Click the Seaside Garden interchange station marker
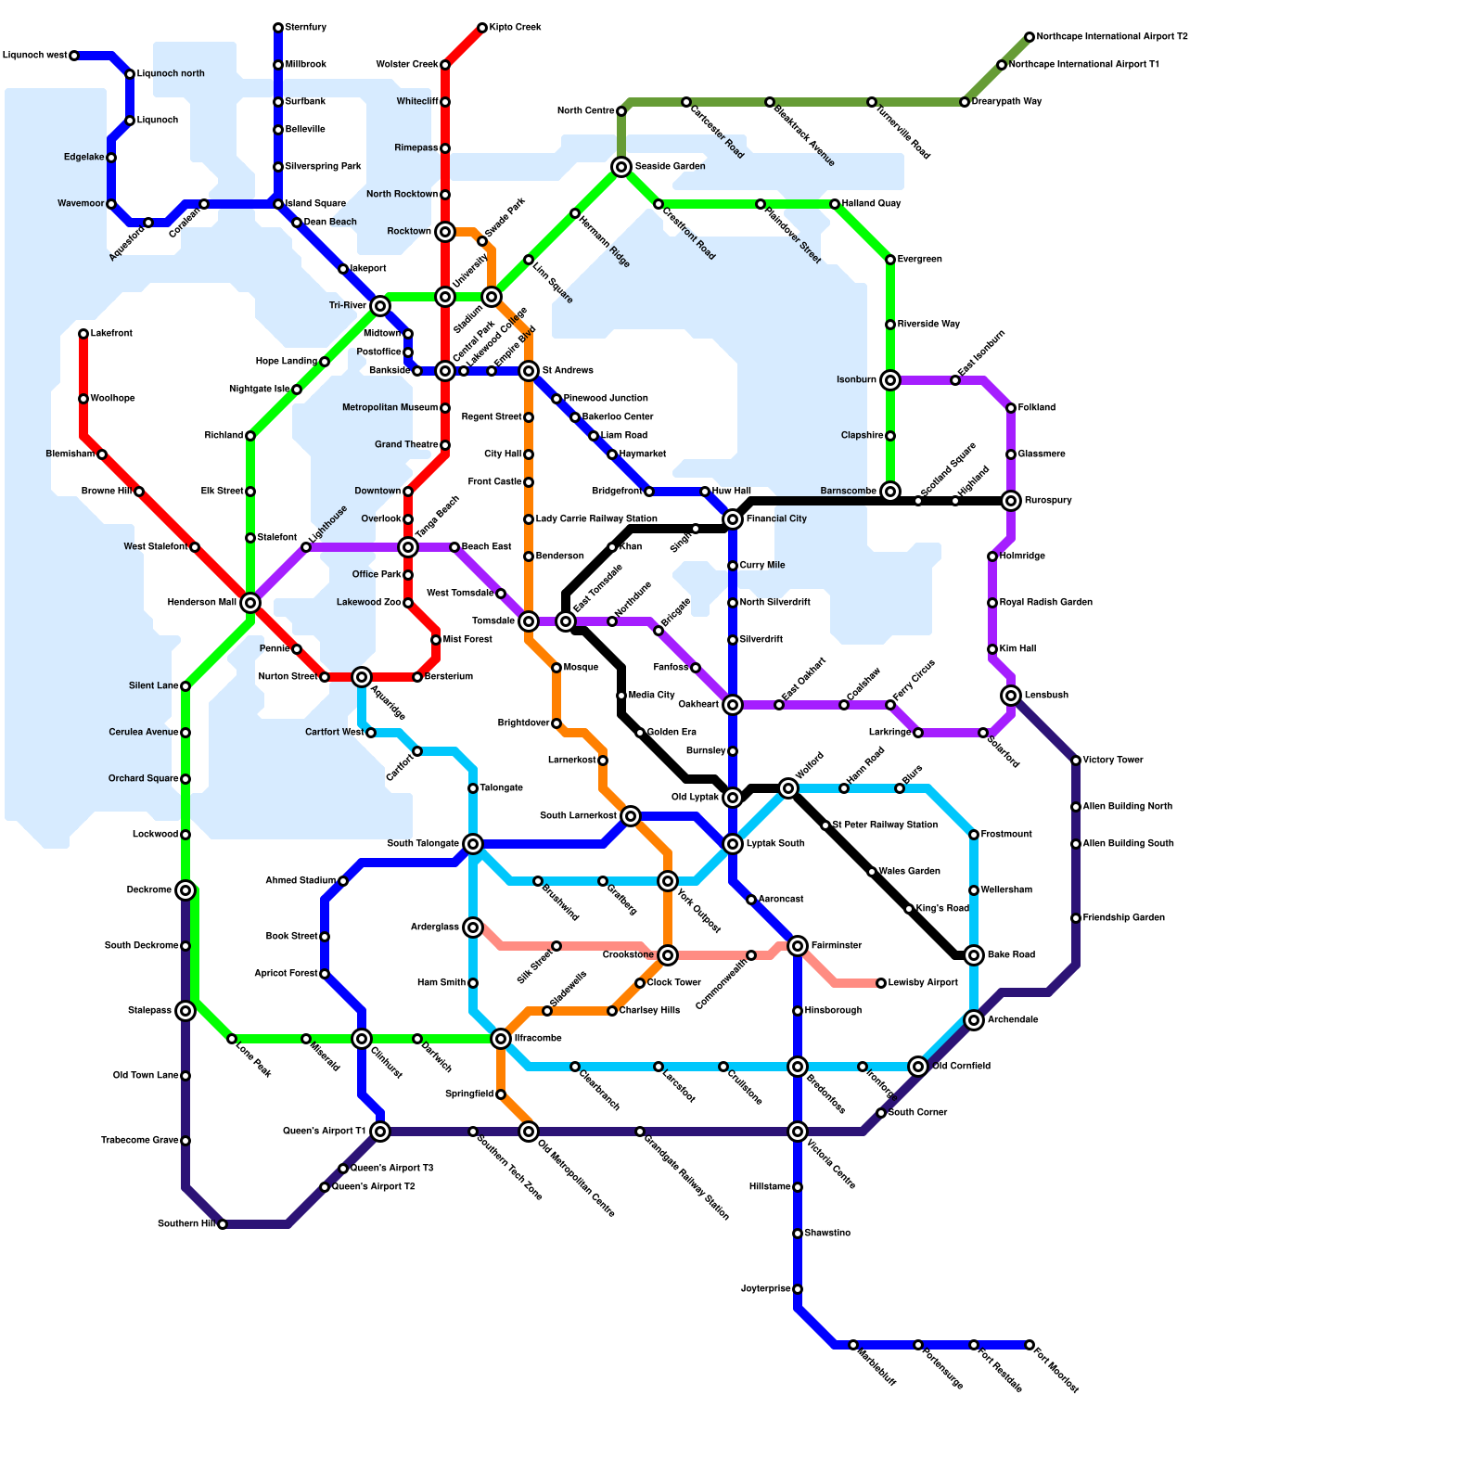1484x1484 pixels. [621, 167]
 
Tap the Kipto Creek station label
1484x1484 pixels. [515, 28]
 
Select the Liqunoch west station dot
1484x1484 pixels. [74, 56]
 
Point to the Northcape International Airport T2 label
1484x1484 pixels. [1112, 37]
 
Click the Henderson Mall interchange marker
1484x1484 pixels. [250, 603]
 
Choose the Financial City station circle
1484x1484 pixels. [733, 519]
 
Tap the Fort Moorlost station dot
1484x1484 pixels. [1030, 1345]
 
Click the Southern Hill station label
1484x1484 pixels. [186, 1224]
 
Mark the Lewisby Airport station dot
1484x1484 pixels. [881, 983]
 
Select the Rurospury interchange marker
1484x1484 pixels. [1011, 501]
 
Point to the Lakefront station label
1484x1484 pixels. [111, 334]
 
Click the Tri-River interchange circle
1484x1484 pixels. [380, 306]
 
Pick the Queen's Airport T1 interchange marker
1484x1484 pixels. [380, 1132]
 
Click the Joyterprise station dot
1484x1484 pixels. [798, 1289]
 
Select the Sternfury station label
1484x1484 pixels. [306, 28]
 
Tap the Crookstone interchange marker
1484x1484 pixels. [668, 955]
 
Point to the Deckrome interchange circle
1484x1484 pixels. [185, 890]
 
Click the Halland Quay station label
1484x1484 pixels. [871, 204]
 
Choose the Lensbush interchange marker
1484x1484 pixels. [1011, 696]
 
